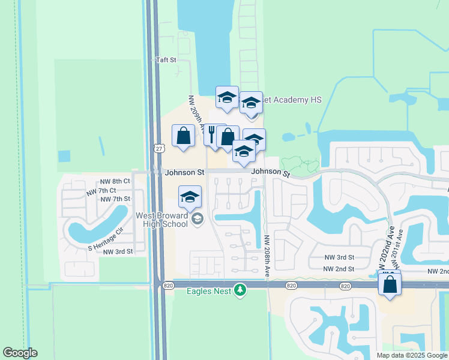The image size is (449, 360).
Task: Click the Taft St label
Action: point(166,60)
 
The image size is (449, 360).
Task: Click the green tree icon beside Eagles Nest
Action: point(240,290)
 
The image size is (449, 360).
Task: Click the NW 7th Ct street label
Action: point(100,191)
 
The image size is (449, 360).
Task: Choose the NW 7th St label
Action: point(116,199)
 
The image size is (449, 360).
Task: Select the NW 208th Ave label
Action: point(267,256)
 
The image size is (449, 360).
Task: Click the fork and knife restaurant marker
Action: point(213,135)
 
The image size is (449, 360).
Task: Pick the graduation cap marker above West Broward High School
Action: point(190,196)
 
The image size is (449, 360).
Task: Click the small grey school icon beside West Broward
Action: point(197,219)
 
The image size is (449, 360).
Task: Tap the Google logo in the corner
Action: point(20,353)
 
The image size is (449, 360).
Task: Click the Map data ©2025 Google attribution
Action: point(412,355)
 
